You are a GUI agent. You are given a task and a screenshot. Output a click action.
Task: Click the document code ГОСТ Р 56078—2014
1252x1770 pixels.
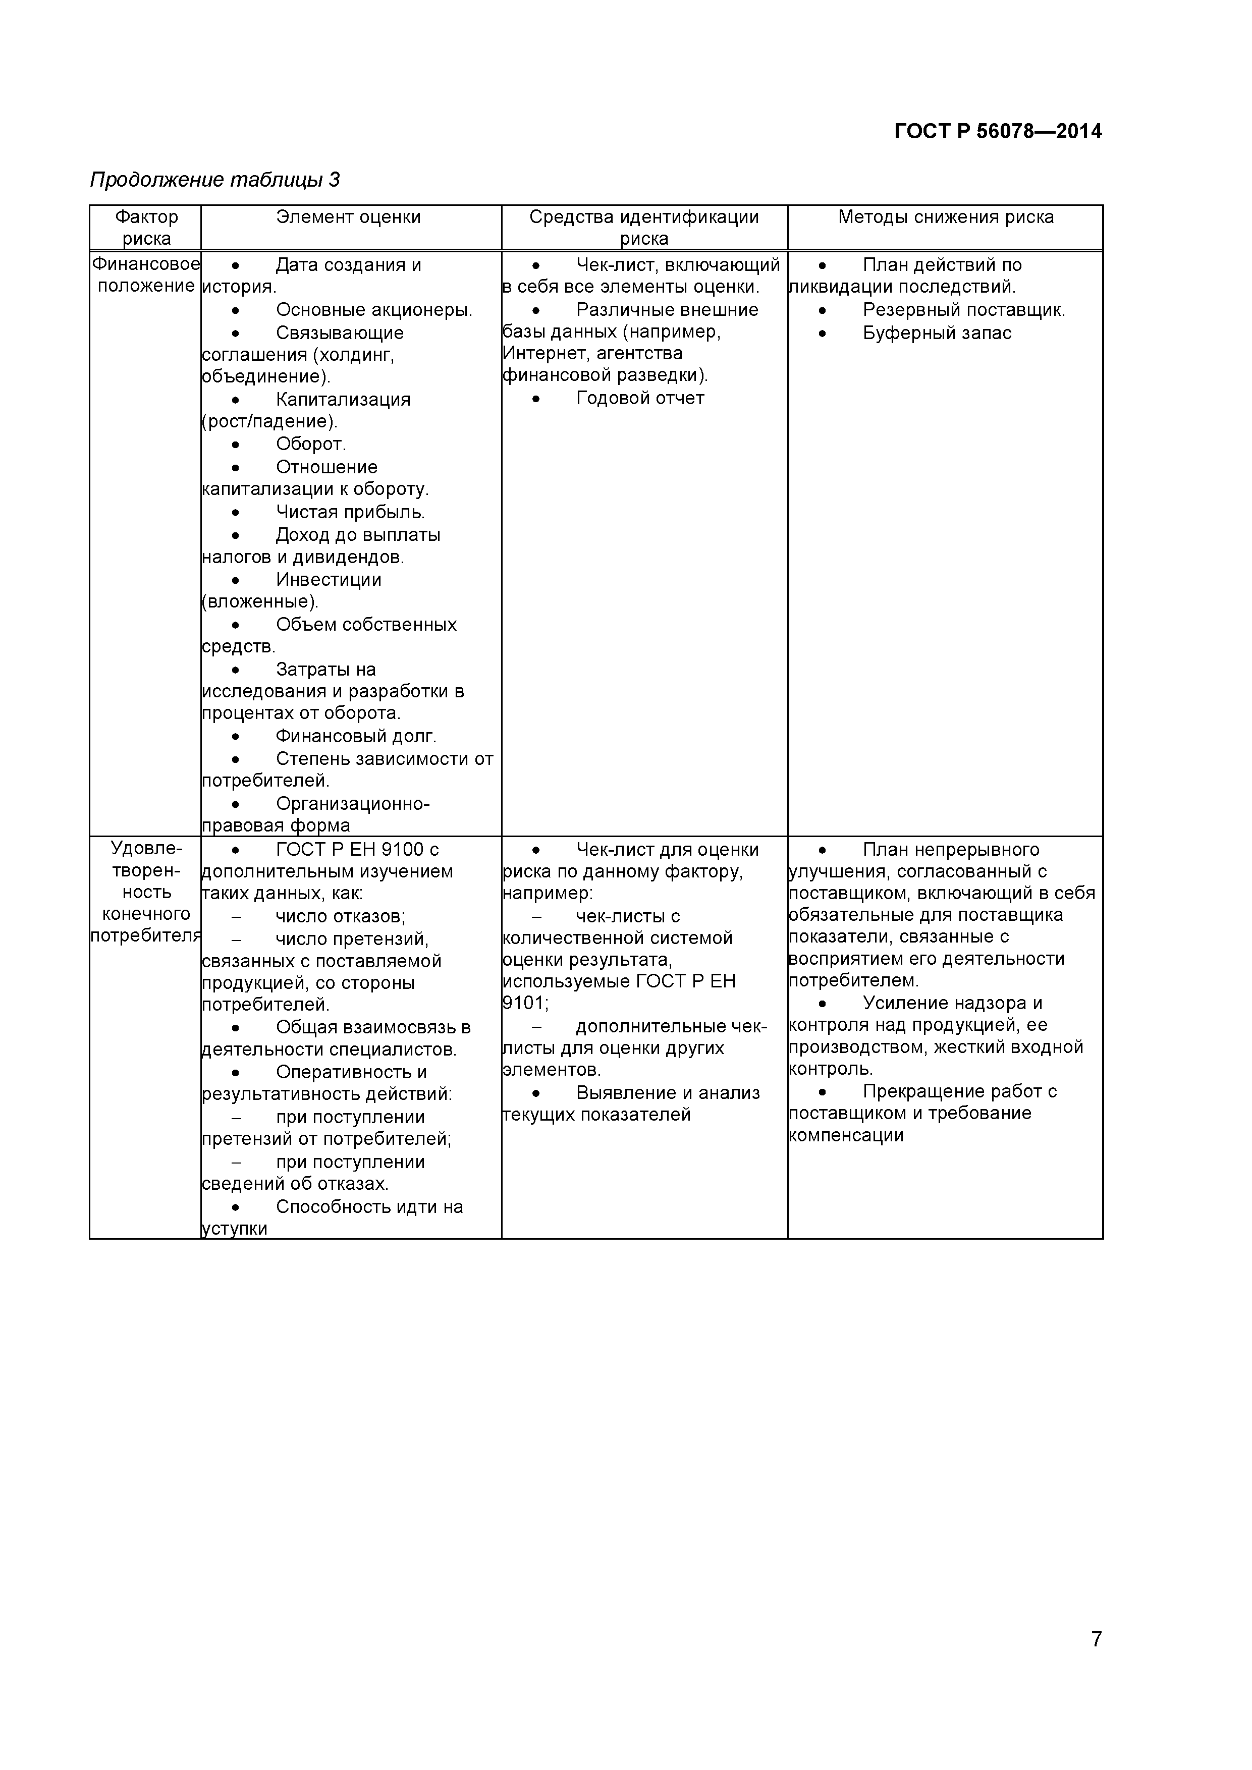(998, 132)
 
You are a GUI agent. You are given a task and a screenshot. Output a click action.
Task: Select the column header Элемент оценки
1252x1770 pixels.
(349, 217)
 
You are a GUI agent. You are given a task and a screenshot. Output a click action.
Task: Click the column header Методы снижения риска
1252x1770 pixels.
(945, 217)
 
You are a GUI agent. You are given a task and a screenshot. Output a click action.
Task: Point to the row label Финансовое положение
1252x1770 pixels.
(146, 275)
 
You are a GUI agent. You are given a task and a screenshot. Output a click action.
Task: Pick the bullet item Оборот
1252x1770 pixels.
(311, 444)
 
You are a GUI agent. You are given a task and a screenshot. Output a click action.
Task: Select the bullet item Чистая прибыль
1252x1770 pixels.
(350, 512)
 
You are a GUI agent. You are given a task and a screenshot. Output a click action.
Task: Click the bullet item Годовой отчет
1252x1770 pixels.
(640, 399)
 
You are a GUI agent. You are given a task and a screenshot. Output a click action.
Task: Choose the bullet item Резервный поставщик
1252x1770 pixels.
(964, 310)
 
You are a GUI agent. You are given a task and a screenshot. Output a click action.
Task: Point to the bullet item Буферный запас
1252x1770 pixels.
(937, 333)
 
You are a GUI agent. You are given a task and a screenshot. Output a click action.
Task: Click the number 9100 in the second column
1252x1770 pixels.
(395, 850)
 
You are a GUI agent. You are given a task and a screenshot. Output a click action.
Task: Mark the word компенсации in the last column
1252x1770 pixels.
(846, 1136)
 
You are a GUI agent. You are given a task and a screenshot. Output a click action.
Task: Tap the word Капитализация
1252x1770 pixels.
(343, 399)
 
